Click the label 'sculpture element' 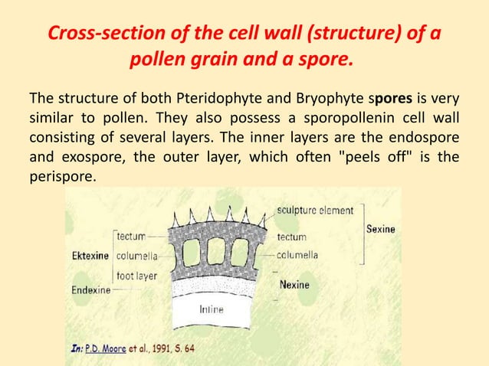[314, 210]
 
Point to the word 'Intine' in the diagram [212, 310]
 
